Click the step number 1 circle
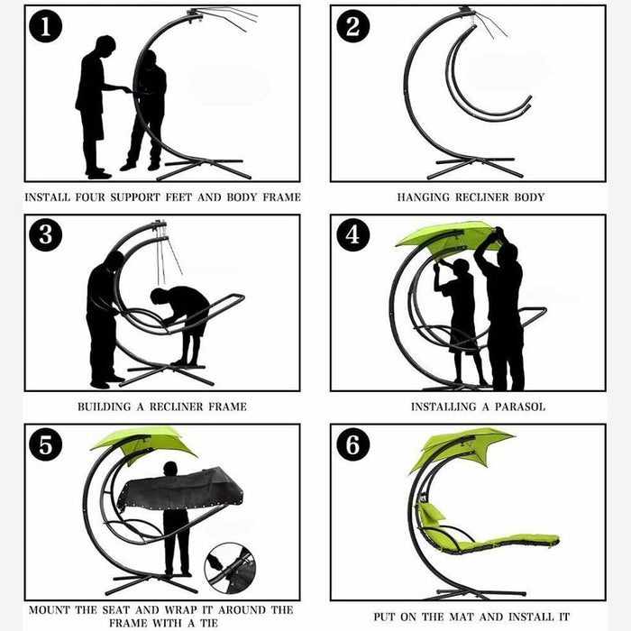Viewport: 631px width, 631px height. click(45, 26)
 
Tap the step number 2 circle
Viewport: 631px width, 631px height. click(353, 26)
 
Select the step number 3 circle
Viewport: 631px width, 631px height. click(45, 235)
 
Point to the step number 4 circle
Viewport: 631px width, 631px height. click(353, 235)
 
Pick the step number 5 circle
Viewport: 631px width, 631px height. click(45, 444)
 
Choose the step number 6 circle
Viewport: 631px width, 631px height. click(353, 444)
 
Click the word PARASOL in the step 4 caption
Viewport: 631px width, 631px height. click(520, 407)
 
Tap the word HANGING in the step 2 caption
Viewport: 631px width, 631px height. click(424, 197)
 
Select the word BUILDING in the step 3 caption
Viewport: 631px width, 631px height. click(105, 407)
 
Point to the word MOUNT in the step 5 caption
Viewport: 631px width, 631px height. click(49, 610)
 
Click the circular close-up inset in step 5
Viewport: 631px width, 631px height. click(230, 568)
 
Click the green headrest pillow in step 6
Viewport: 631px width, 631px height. click(432, 513)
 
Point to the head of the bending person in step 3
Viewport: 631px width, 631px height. click(158, 297)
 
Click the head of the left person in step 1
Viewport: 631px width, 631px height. click(105, 45)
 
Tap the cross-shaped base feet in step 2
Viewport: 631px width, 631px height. click(475, 168)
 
